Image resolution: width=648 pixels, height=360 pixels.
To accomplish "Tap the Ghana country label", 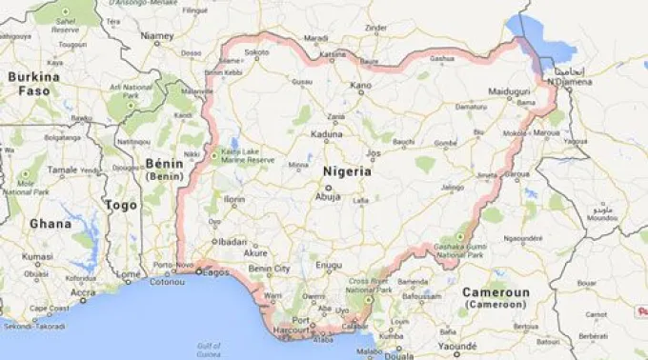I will coord(50,224).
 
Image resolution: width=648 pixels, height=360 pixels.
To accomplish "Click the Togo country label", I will coord(121,205).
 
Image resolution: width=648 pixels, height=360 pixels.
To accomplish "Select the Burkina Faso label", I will coord(29,83).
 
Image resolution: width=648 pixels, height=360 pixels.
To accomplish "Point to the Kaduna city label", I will coord(326,134).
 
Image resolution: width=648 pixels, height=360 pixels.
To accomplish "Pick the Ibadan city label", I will coord(232,242).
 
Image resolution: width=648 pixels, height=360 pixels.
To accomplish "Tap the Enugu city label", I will coord(329,263).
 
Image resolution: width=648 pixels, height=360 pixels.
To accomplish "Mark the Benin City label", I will coord(269,270).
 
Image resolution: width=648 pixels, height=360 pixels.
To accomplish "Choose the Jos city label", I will coord(374,151).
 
